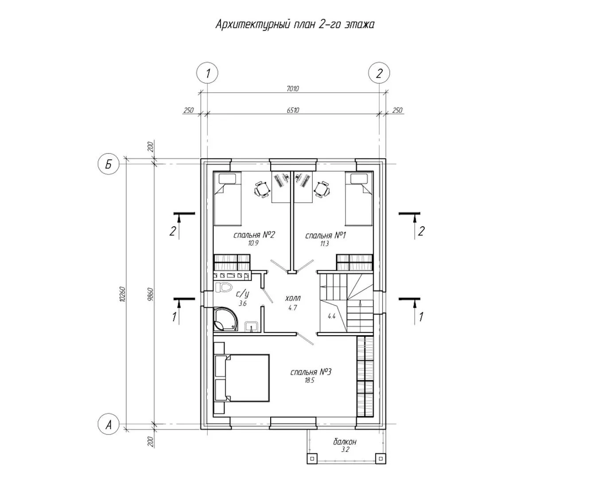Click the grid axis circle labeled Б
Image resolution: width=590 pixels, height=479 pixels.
click(x=109, y=164)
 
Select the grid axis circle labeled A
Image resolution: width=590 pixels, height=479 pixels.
click(x=109, y=424)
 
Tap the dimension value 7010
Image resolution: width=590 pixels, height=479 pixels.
click(x=293, y=89)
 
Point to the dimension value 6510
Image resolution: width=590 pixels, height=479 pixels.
click(x=293, y=110)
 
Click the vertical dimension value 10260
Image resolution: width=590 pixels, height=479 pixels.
click(x=123, y=294)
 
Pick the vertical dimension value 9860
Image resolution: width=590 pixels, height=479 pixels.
click(x=151, y=294)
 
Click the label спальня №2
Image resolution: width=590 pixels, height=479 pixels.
click(x=254, y=235)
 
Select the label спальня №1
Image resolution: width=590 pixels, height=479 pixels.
click(x=326, y=236)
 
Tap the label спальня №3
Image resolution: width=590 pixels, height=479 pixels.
click(x=311, y=372)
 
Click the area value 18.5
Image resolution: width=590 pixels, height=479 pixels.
click(x=310, y=381)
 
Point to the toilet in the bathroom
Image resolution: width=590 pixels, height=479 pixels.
click(x=223, y=287)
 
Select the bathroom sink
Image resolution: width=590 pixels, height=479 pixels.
click(x=252, y=326)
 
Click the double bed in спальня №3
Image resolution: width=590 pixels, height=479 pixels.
click(x=242, y=378)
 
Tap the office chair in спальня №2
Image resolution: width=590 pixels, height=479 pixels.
click(x=262, y=189)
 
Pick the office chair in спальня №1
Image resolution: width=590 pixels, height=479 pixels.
click(x=322, y=189)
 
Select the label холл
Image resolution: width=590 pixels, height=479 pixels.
click(x=293, y=298)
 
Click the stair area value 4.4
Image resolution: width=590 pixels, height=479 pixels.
click(x=332, y=316)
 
